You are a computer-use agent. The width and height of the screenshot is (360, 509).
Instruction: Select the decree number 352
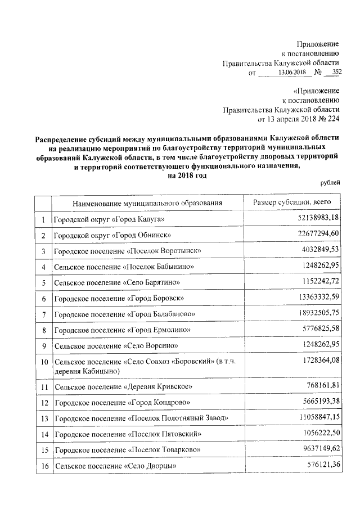pyautogui.click(x=336, y=73)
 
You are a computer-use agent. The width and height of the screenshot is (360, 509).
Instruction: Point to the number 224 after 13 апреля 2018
pyautogui.click(x=332, y=119)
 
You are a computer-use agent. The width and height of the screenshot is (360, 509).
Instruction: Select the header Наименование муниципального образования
pyautogui.click(x=147, y=202)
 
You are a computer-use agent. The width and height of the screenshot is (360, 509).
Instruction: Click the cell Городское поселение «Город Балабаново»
pyautogui.click(x=124, y=313)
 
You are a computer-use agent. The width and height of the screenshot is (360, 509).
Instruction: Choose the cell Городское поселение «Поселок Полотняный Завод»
pyautogui.click(x=141, y=418)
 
